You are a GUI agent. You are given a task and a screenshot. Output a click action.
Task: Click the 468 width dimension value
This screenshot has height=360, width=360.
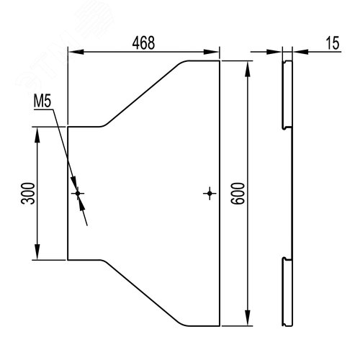click(143, 43)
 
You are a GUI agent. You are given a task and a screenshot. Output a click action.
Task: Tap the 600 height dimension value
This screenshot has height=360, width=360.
click(238, 194)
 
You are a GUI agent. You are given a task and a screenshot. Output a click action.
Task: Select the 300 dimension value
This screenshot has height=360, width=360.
click(28, 194)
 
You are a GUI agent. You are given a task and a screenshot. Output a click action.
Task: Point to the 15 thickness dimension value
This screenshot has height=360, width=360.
click(333, 43)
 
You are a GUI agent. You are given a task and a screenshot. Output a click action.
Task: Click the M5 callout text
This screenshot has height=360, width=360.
click(42, 102)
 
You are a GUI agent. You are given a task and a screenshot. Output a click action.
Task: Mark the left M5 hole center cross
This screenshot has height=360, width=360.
click(78, 193)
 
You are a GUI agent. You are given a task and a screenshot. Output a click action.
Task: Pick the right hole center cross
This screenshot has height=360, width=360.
click(210, 193)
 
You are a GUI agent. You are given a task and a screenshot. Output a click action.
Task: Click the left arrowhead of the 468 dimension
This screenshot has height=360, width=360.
click(76, 52)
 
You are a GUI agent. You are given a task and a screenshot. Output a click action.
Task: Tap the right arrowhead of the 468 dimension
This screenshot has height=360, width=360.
click(211, 52)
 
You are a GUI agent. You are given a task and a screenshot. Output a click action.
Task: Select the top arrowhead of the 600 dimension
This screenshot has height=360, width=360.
click(248, 69)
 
